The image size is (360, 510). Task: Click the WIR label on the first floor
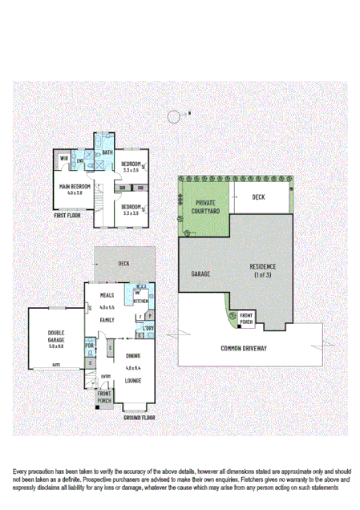point(63,158)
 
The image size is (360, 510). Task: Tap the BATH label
point(107,152)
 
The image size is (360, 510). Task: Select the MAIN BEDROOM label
point(75,186)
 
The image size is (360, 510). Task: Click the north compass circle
point(174,116)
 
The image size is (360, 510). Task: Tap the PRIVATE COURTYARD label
point(204,207)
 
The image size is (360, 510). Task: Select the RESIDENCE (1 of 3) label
point(262,270)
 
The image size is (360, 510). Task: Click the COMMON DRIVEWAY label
point(244,348)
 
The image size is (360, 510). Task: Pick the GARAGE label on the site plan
point(200,274)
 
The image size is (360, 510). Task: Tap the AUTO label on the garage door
point(57,365)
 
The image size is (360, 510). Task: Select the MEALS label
point(107,295)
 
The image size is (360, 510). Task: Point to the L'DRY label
point(148,329)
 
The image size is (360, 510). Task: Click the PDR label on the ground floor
point(90,346)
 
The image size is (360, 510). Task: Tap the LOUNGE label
point(133,379)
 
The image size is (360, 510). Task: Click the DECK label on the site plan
point(258,196)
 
